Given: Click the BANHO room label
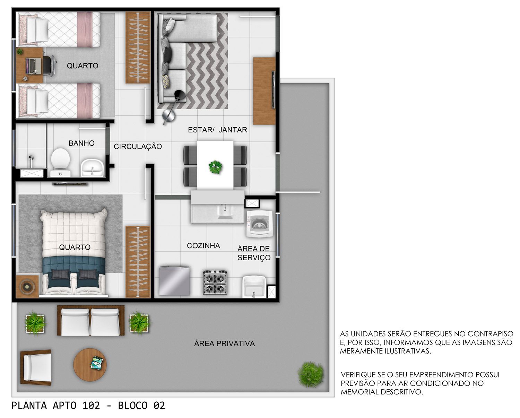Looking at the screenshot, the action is pos(81,143).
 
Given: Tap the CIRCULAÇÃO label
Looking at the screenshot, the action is pos(138,146).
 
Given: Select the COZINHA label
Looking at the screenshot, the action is pos(203,246).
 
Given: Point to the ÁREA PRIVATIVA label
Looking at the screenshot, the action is pos(225,343).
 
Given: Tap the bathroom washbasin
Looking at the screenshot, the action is pos(92,167).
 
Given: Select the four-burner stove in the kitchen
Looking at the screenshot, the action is pos(215,282).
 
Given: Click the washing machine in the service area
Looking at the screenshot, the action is pos(260,224).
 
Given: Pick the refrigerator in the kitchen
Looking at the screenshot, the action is pos(174,280).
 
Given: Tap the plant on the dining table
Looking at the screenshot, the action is pos(215,167).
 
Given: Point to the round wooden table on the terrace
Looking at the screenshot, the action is pos(90,365).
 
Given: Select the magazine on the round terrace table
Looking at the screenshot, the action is pos(97,363).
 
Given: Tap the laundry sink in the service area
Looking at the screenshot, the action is pos(254,287).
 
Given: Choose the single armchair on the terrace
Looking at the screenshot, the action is pos(36,367).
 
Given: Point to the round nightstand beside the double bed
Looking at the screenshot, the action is pos(27,287).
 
